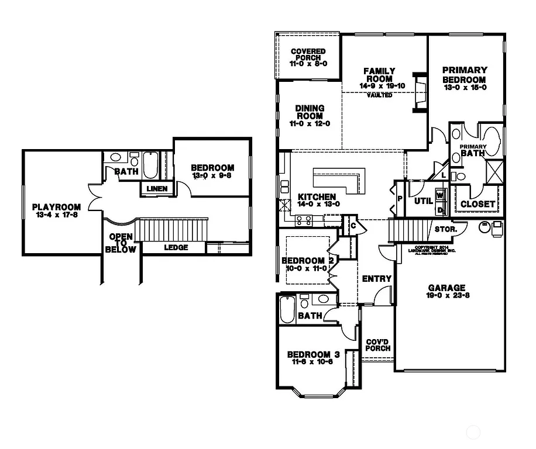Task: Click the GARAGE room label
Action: point(446,288)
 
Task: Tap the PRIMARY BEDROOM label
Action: point(464,75)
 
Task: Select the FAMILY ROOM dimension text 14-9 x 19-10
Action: point(382,86)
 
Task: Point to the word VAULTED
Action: point(379,95)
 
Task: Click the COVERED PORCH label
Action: point(308,55)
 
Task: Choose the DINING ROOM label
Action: point(309,112)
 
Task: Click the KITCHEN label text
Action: point(317,197)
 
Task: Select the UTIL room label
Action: point(423,201)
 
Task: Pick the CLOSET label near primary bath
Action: point(478,204)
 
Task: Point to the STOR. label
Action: point(445,229)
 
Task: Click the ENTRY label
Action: point(376,279)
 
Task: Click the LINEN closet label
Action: point(157,189)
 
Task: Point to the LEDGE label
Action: point(176,247)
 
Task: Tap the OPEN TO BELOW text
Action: point(121,243)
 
